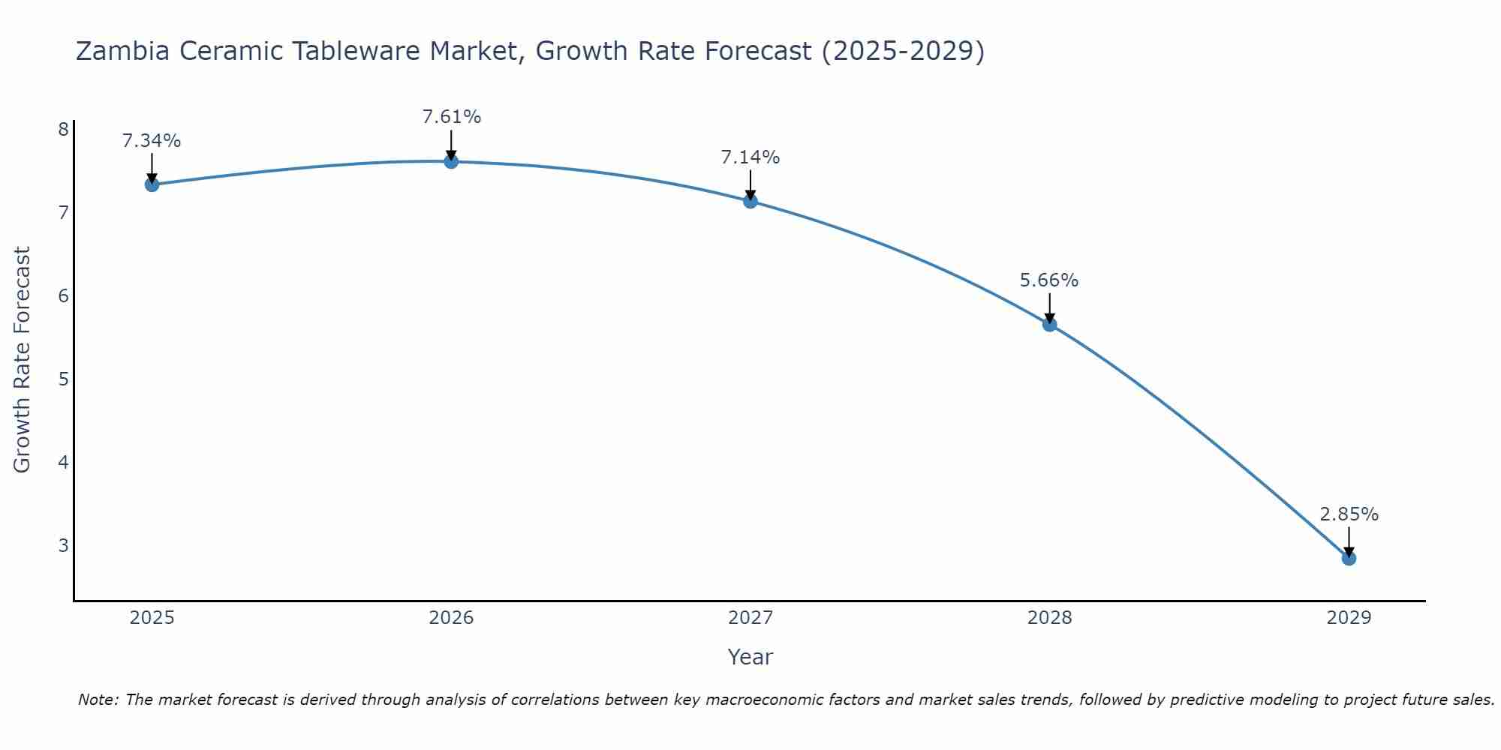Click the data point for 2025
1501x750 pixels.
tap(152, 184)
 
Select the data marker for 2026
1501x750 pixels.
tap(451, 161)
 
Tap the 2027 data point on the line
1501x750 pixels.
tap(750, 201)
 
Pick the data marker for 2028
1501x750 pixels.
tap(1049, 324)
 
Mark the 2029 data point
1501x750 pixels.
tap(1349, 558)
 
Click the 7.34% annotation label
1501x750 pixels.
tap(152, 141)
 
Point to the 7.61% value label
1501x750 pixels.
tap(451, 117)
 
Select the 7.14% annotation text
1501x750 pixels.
tap(750, 157)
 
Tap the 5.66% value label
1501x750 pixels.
tap(1049, 280)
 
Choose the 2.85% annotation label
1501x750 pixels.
tap(1349, 514)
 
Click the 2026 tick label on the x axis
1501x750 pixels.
tap(451, 618)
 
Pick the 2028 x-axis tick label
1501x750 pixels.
tap(1049, 618)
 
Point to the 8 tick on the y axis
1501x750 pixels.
tap(63, 130)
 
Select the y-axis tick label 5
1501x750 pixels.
tap(63, 379)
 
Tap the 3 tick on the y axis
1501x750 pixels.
tap(63, 545)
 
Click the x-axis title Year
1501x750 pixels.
tap(750, 657)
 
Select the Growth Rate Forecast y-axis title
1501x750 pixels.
tap(23, 360)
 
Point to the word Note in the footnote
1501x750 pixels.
tap(98, 700)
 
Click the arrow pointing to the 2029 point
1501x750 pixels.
tap(1349, 541)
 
